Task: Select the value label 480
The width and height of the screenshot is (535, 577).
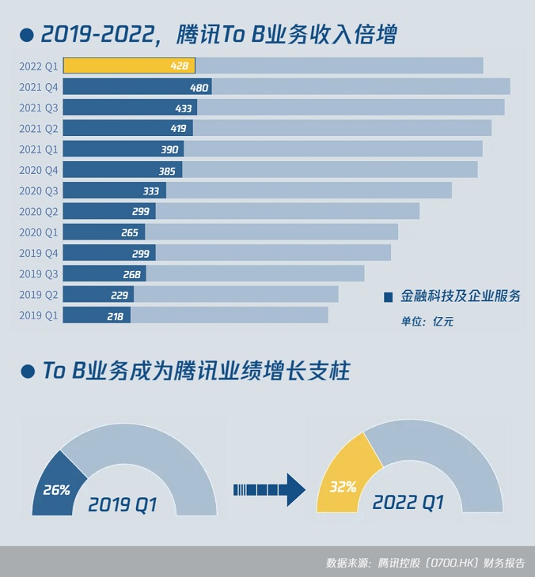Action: tap(199, 87)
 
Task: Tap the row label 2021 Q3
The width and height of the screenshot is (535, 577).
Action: tap(38, 107)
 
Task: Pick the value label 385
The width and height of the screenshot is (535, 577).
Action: tap(167, 170)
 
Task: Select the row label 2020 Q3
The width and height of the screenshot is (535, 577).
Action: tap(38, 190)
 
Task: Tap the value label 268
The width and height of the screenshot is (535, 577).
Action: tap(132, 274)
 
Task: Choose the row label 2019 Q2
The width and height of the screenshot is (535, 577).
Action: tap(38, 295)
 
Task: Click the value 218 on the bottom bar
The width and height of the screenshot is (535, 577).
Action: tap(115, 316)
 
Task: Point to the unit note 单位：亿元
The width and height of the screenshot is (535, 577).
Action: tap(427, 322)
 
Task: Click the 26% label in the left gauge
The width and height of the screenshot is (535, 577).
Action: tap(55, 490)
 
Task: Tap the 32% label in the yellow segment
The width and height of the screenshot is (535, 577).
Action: tap(343, 487)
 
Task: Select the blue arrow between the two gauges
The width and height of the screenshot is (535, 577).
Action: tap(269, 490)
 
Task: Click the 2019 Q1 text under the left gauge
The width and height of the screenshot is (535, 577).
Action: tap(123, 504)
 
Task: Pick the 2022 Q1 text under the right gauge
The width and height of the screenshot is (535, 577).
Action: tap(408, 502)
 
